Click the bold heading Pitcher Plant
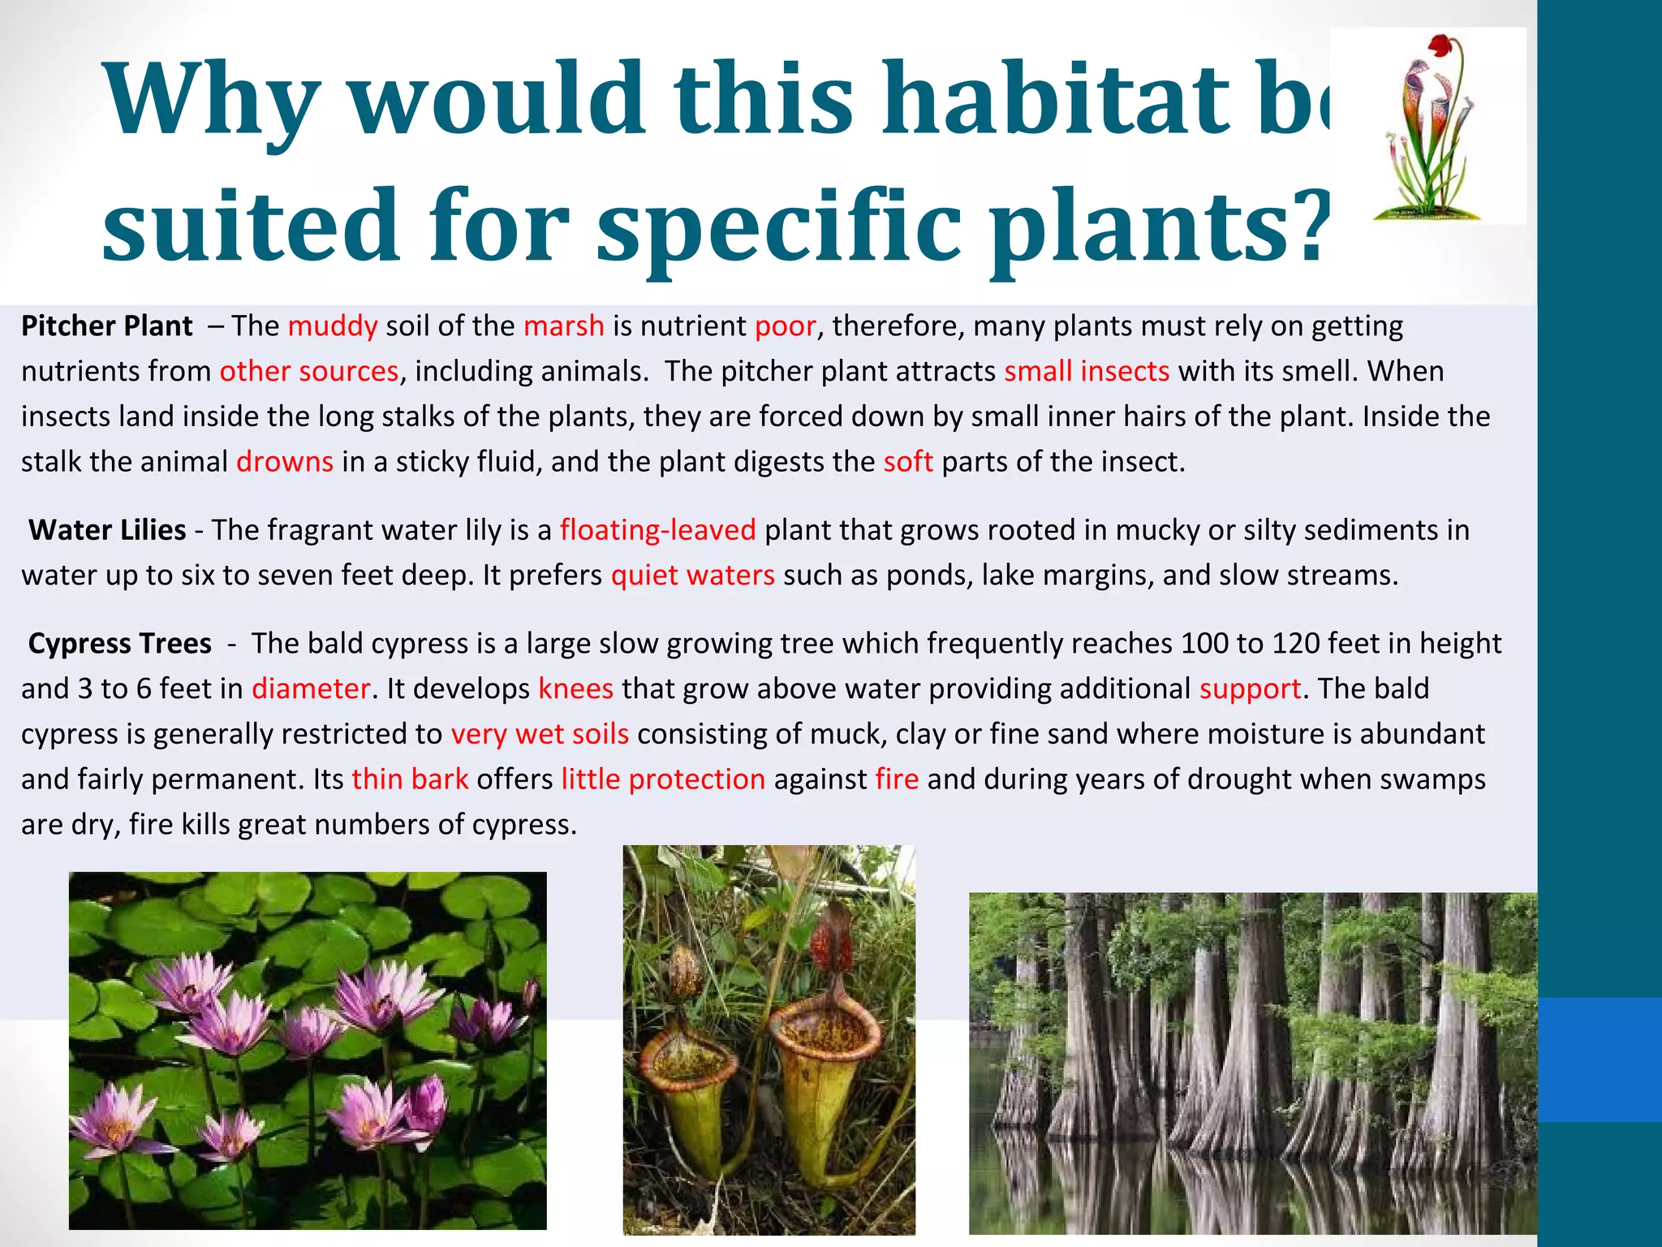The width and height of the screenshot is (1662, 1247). click(x=107, y=326)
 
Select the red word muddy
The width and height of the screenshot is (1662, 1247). click(x=332, y=326)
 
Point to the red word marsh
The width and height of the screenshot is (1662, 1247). click(x=563, y=326)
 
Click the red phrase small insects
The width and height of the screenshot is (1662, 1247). click(x=1086, y=372)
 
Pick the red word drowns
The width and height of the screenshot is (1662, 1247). click(x=284, y=462)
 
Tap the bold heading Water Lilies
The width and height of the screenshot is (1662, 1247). click(x=107, y=530)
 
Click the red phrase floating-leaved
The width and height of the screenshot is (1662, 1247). click(x=657, y=530)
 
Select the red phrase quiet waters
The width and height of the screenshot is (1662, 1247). click(x=692, y=576)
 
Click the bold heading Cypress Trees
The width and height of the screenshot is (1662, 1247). click(x=120, y=644)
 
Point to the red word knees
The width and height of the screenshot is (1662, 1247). click(x=575, y=689)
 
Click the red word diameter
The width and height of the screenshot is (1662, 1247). click(x=311, y=689)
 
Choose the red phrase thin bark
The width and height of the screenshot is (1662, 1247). click(x=410, y=779)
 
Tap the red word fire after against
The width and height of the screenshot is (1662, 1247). click(x=897, y=779)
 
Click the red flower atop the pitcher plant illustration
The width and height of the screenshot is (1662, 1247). click(x=1438, y=44)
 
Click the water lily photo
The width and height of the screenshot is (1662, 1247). click(x=308, y=1051)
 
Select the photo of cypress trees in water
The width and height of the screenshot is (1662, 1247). click(x=1252, y=1064)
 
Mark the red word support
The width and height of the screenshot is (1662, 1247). click(x=1250, y=689)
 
